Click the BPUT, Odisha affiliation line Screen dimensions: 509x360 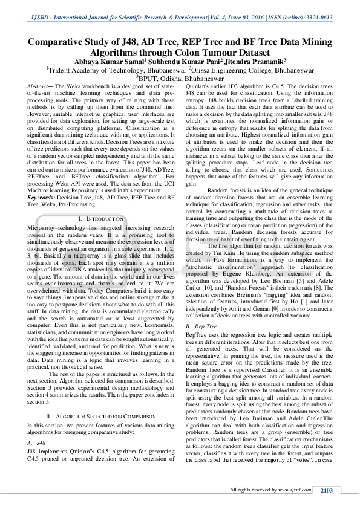180,79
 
